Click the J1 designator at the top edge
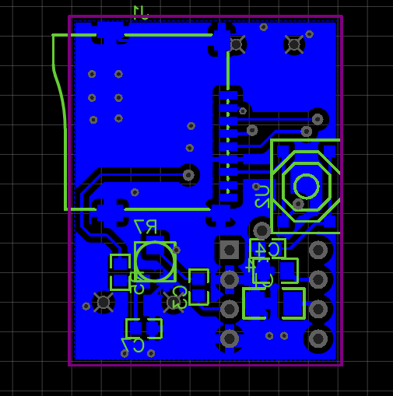[x=141, y=12]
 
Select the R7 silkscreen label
[x=146, y=226]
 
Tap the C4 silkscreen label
[x=268, y=250]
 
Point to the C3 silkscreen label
[x=179, y=296]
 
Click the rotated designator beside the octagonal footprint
[x=261, y=196]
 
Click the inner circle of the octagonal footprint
[x=306, y=186]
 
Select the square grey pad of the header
[x=230, y=250]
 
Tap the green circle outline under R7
[x=155, y=261]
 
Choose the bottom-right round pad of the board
[x=318, y=338]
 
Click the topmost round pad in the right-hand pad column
[x=318, y=250]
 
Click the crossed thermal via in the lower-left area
[x=104, y=302]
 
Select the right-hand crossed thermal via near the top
[x=293, y=44]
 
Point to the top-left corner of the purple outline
[x=70, y=16]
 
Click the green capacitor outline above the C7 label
[x=144, y=328]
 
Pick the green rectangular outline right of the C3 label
[x=199, y=286]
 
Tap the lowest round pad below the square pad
[x=230, y=338]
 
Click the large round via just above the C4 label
[x=261, y=230]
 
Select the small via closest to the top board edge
[x=264, y=27]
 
